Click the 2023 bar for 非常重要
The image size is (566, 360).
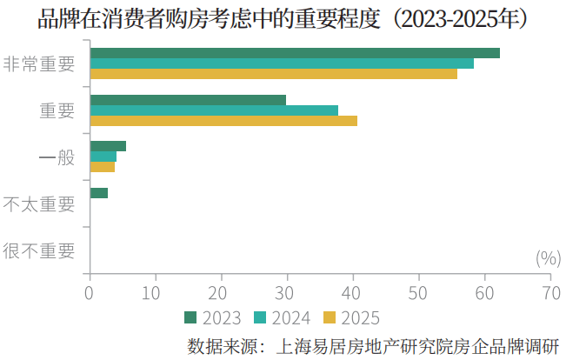click(x=295, y=53)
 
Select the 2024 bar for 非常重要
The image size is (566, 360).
click(x=282, y=63)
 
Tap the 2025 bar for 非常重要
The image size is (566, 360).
click(x=273, y=74)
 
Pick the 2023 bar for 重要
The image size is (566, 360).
click(x=188, y=100)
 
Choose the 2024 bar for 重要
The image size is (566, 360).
click(x=214, y=110)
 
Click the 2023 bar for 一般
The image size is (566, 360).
click(x=108, y=146)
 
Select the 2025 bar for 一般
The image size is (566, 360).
click(x=103, y=167)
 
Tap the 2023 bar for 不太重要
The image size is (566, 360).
click(x=99, y=193)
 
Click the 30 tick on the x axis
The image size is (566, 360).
click(x=287, y=293)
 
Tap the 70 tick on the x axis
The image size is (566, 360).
click(x=549, y=293)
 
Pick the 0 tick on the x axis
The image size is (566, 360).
click(x=90, y=293)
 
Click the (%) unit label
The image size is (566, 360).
click(x=547, y=257)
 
